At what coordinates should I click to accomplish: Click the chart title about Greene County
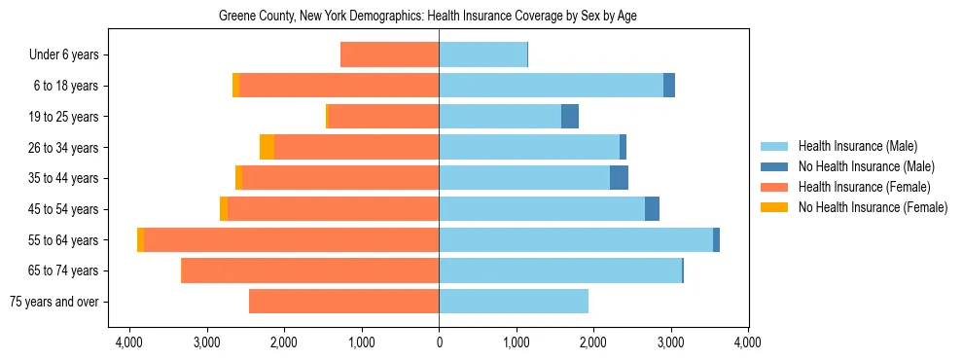pos(428,17)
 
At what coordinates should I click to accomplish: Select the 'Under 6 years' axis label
pos(69,55)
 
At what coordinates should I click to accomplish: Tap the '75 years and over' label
pos(53,302)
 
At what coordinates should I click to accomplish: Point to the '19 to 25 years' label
pos(64,117)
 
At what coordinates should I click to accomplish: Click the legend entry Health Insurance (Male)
pos(857,146)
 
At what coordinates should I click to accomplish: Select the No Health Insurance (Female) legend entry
pos(873,207)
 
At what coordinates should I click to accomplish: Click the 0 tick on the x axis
pos(439,342)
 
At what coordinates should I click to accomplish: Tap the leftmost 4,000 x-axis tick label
pos(129,342)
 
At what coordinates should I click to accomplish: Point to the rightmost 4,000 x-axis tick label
pos(747,342)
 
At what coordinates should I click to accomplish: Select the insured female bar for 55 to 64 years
pos(292,239)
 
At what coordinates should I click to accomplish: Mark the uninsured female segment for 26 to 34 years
pos(267,147)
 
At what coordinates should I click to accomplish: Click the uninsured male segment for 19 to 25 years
pos(570,117)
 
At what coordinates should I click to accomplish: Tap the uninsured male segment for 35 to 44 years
pos(619,178)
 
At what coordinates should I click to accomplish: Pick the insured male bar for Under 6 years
pos(482,55)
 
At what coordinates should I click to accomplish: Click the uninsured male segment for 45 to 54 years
pos(652,209)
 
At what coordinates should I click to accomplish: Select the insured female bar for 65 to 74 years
pos(310,270)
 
